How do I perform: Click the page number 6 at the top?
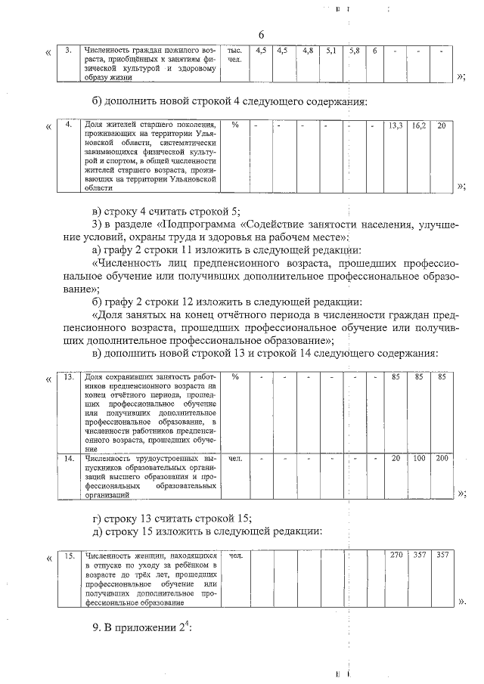coord(262,35)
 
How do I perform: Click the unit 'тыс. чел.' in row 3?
coord(235,54)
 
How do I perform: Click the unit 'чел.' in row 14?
coord(235,459)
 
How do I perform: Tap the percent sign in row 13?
coord(235,376)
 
